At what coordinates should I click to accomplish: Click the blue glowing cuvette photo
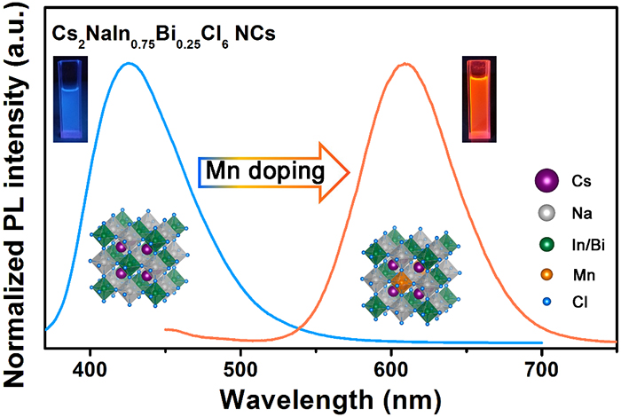point(70,98)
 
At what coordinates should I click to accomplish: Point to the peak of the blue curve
point(129,63)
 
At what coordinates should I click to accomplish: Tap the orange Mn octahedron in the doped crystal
point(405,283)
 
